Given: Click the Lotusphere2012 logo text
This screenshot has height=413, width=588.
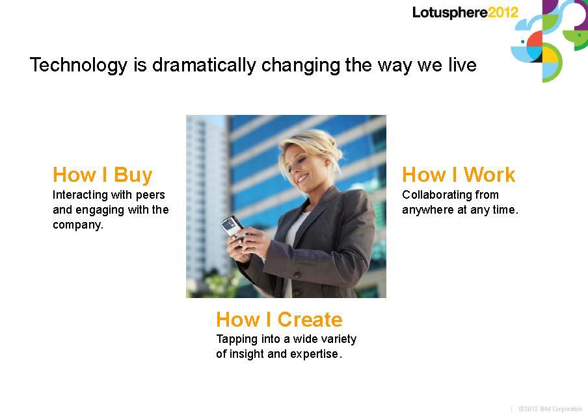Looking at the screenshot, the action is click(465, 12).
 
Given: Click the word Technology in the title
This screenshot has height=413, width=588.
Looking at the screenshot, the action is click(79, 65).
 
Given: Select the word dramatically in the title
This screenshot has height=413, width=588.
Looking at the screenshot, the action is click(204, 65).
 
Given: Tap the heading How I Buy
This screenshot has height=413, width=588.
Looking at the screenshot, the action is click(102, 175).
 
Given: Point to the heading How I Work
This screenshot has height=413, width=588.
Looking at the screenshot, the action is click(459, 175).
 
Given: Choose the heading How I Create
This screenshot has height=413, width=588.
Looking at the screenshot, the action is click(279, 319).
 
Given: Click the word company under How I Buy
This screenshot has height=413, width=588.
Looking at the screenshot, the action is click(77, 225).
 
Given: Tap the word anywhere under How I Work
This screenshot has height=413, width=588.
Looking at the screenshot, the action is click(428, 210).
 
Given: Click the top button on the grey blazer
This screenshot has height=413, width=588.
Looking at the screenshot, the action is click(298, 276).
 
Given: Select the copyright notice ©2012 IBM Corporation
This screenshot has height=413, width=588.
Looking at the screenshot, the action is click(550, 409).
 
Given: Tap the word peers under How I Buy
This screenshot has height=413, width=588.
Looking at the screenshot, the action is click(150, 195).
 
